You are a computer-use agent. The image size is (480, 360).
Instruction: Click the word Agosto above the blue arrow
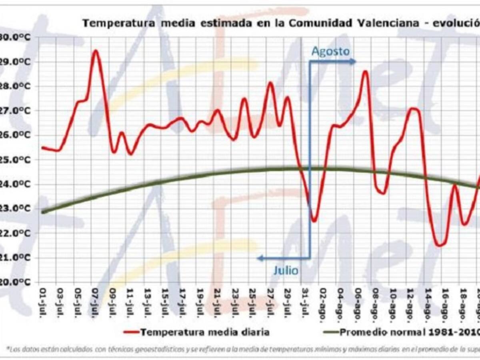click(330, 52)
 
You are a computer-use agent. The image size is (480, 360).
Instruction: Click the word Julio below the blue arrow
click(286, 270)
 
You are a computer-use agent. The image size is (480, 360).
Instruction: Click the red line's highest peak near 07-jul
click(95, 51)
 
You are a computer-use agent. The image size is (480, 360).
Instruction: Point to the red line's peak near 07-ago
click(365, 72)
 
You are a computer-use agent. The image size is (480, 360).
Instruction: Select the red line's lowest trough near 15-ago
click(439, 245)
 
